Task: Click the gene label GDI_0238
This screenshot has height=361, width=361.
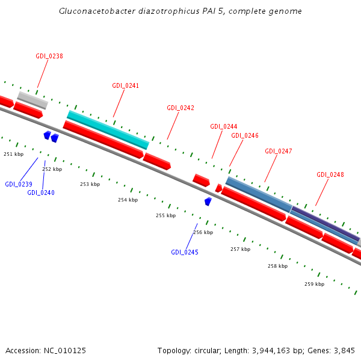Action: pos(49,56)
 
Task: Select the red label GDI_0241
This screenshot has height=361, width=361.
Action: pos(125,85)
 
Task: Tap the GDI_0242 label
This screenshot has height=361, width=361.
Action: pos(180,108)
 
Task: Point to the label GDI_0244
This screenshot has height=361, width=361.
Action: pos(224,126)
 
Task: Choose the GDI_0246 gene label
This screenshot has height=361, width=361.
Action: pos(245,135)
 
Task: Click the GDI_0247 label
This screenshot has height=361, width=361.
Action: pos(279,151)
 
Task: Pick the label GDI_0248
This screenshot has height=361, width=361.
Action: pos(330,174)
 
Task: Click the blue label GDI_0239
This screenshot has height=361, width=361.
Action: pos(19,184)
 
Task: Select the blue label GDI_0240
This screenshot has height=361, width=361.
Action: pos(41,193)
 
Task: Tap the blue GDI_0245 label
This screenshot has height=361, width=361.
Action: pos(185,252)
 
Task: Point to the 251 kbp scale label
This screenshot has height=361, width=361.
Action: pos(13,154)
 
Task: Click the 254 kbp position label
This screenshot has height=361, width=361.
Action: pos(128,200)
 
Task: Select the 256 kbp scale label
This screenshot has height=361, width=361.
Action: pos(203,232)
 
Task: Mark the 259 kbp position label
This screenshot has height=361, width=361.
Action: pos(314,284)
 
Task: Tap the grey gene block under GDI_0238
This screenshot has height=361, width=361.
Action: pos(32,99)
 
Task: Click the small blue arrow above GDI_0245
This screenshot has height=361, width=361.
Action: pos(208,202)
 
